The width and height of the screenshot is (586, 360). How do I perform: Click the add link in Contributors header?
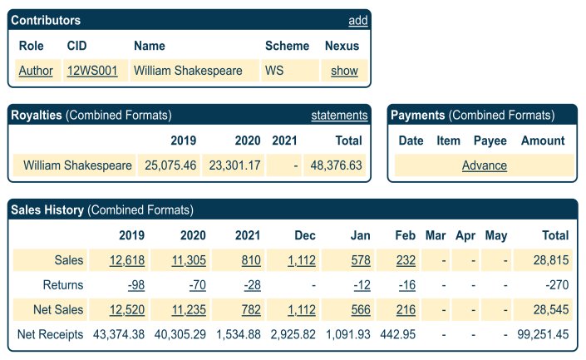[358, 20]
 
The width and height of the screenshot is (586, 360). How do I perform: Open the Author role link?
[36, 71]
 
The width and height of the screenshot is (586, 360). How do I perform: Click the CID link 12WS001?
[91, 71]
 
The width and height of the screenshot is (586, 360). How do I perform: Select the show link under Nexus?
[344, 71]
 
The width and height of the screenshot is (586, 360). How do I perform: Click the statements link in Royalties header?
[339, 116]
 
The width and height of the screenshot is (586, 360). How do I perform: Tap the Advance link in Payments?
[485, 165]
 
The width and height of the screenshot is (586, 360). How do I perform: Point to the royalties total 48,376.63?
[336, 165]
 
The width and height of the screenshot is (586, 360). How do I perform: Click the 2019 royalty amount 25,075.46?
[170, 165]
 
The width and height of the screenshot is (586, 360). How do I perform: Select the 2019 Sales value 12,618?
[127, 260]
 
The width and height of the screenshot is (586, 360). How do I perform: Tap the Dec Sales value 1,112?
[303, 260]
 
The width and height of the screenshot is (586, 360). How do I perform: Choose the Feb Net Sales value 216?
[406, 310]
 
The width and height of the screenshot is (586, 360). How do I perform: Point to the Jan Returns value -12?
[362, 285]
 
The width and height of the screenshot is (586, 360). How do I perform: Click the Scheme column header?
[287, 46]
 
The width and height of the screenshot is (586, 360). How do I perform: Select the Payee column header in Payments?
[490, 141]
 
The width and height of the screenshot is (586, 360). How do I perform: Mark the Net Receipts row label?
[51, 335]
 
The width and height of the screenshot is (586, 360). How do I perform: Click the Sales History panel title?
[47, 210]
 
